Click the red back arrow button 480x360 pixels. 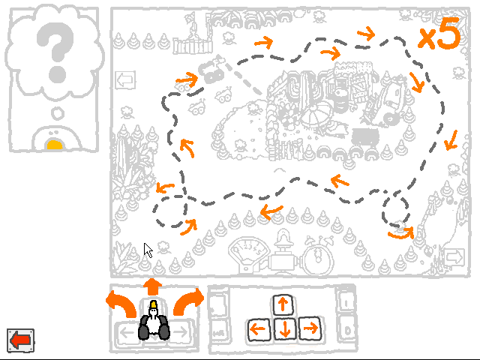pyautogui.click(x=20, y=340)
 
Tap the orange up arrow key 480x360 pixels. pyautogui.click(x=283, y=305)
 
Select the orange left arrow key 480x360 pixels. pyautogui.click(x=258, y=329)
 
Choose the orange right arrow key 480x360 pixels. pyautogui.click(x=310, y=328)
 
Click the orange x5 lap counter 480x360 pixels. pyautogui.click(x=439, y=34)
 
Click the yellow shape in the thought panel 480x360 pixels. pyautogui.click(x=55, y=145)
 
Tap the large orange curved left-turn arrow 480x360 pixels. pyautogui.click(x=121, y=304)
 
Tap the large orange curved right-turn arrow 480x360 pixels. pyautogui.click(x=188, y=301)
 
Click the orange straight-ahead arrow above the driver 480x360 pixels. pyautogui.click(x=152, y=286)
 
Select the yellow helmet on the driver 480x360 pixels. pyautogui.click(x=153, y=304)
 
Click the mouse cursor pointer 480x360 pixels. pyautogui.click(x=148, y=250)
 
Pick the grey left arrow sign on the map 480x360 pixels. pyautogui.click(x=125, y=80)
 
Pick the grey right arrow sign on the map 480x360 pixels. pyautogui.click(x=454, y=256)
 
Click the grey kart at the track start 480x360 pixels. pyautogui.click(x=211, y=70)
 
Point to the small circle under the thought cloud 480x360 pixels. pyautogui.click(x=57, y=113)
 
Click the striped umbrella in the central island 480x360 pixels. pyautogui.click(x=318, y=115)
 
